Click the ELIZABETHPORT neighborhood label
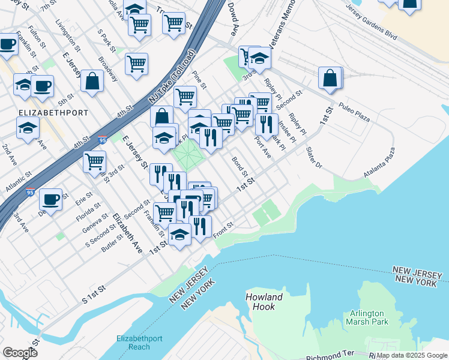click(x=53, y=112)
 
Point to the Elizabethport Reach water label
click(x=139, y=343)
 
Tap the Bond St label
click(x=240, y=163)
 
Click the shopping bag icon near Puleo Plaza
click(x=330, y=78)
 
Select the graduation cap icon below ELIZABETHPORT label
click(x=28, y=128)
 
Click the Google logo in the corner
click(x=20, y=352)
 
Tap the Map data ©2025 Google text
click(x=412, y=355)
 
